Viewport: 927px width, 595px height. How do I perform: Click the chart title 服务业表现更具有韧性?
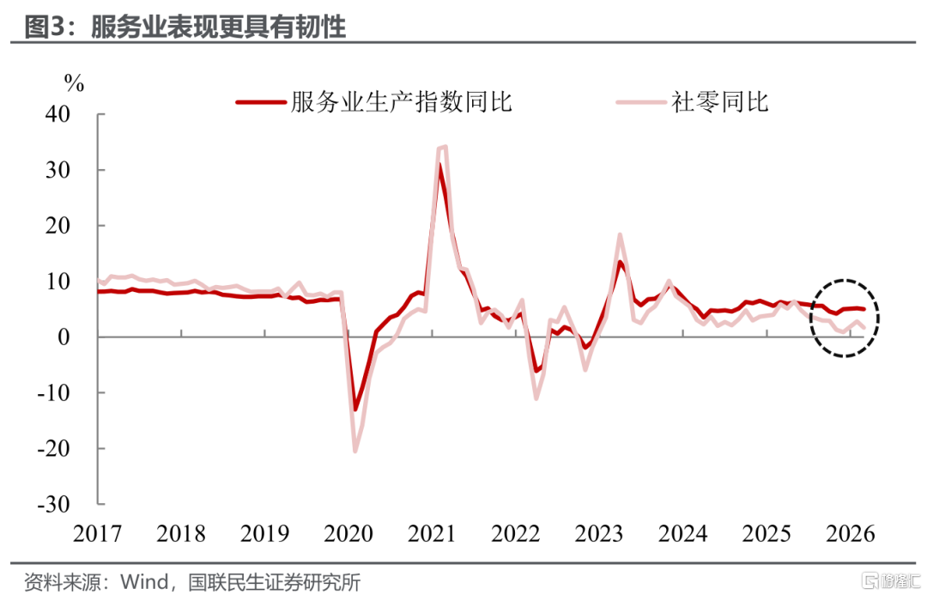217,27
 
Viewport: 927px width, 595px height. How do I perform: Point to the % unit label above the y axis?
74,83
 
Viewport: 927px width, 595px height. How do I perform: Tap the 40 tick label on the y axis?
58,113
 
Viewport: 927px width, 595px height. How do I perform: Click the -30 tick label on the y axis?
54,504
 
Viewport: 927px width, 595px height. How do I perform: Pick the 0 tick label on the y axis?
64,337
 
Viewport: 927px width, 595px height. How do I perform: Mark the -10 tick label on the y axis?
54,392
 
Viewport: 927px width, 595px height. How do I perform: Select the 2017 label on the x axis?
98,533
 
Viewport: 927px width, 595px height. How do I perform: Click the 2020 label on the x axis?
348,533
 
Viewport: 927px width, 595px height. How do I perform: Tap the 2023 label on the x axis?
599,533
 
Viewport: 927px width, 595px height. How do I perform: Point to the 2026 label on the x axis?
850,533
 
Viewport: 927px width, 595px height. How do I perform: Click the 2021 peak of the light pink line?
445,147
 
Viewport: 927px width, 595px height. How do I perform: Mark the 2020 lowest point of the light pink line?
355,452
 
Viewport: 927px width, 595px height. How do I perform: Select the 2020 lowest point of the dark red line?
355,410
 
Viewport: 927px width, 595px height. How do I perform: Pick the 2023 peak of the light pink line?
620,234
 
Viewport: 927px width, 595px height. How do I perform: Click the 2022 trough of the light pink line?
536,398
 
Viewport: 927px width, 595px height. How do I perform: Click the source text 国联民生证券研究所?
275,581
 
